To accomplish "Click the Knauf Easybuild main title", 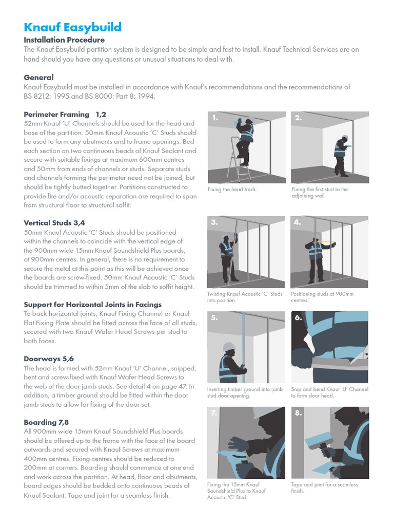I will tap(72, 27).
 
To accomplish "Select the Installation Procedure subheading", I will tap(64, 40).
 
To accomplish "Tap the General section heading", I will tap(38, 78).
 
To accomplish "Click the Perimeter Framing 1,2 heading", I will tap(65, 114).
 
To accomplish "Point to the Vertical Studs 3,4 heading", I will tap(54, 223).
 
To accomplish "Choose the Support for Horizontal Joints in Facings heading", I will tap(92, 305).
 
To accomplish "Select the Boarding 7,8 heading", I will tap(46, 422).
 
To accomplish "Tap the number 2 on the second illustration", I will tap(299, 118).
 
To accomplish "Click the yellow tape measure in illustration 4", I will tap(325, 240).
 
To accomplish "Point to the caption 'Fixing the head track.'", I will tap(232, 190).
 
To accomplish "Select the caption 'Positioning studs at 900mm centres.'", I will tap(322, 297).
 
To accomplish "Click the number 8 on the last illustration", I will tap(299, 413).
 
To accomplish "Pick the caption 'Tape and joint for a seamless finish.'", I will tap(324, 487).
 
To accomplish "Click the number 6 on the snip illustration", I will tap(299, 318).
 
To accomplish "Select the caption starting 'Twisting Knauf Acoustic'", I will tap(244, 297).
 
